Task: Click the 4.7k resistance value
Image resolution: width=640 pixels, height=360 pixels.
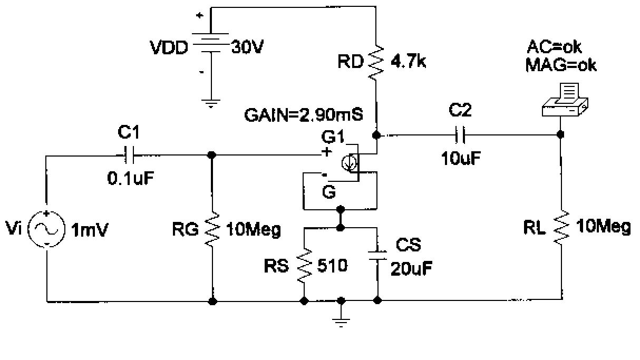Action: [408, 63]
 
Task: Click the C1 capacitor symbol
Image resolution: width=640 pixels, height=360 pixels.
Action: [129, 155]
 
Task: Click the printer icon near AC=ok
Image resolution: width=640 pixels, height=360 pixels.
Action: [564, 100]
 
